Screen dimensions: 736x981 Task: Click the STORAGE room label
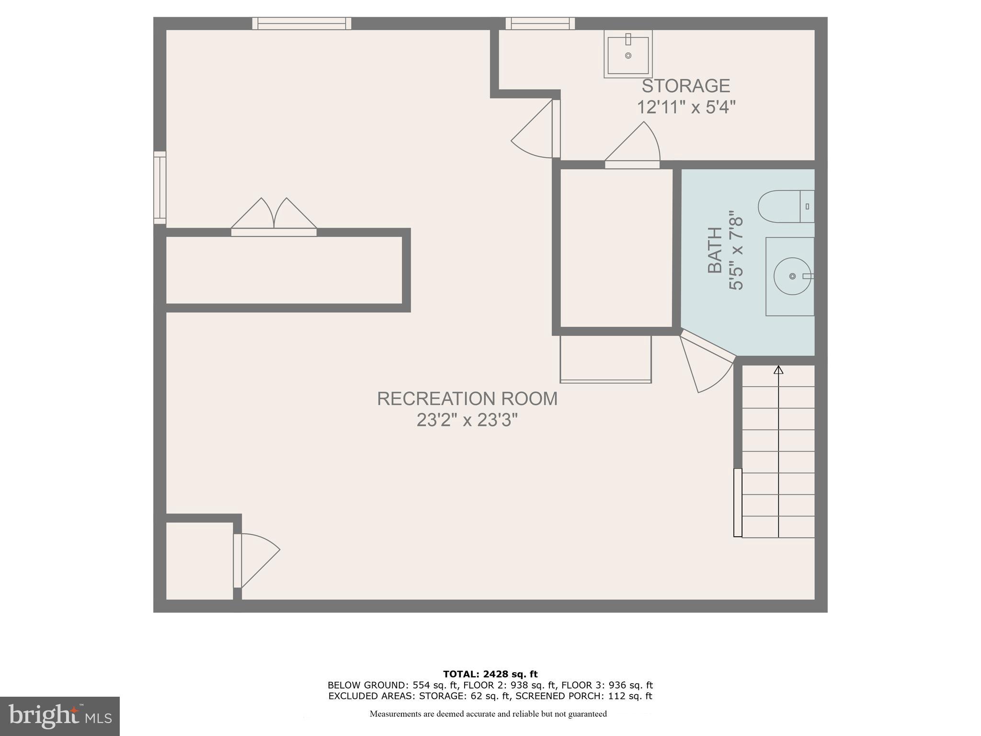click(685, 86)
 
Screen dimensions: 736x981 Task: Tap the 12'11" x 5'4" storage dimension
click(685, 107)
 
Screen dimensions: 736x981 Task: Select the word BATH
click(715, 250)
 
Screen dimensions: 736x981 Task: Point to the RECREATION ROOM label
click(467, 399)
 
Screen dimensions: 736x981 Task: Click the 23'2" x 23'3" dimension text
click(467, 420)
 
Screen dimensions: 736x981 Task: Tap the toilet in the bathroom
click(786, 207)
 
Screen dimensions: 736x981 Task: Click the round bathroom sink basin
click(792, 276)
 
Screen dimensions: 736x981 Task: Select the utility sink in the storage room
click(628, 54)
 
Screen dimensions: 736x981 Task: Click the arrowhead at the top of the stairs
click(778, 370)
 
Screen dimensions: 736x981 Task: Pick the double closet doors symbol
click(274, 216)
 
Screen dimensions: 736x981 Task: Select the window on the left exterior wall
click(160, 187)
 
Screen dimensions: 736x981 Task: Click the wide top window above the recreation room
click(302, 23)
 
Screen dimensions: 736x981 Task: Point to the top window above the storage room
click(540, 23)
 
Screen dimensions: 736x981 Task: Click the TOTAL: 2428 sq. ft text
click(490, 674)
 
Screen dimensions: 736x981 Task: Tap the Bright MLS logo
click(59, 716)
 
